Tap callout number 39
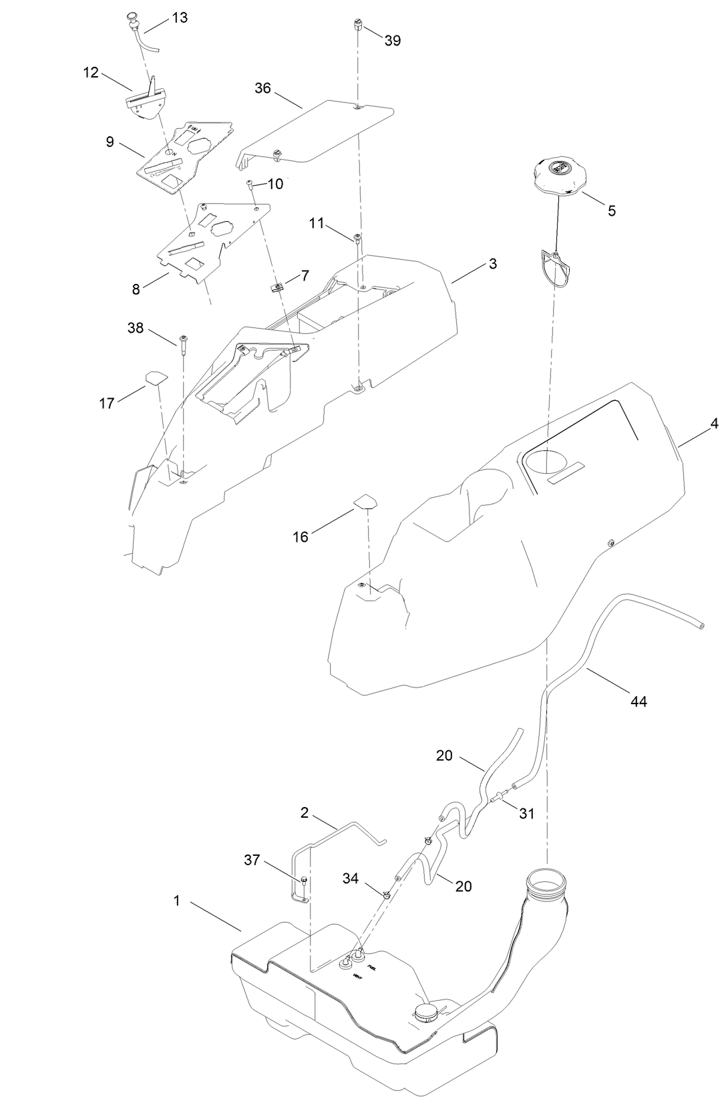click(x=393, y=41)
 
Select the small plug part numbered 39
click(x=357, y=26)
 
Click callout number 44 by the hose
click(x=639, y=701)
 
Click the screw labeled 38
click(x=183, y=342)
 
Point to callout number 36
click(x=263, y=88)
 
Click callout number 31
click(x=527, y=814)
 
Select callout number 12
click(x=91, y=72)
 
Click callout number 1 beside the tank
click(x=177, y=901)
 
